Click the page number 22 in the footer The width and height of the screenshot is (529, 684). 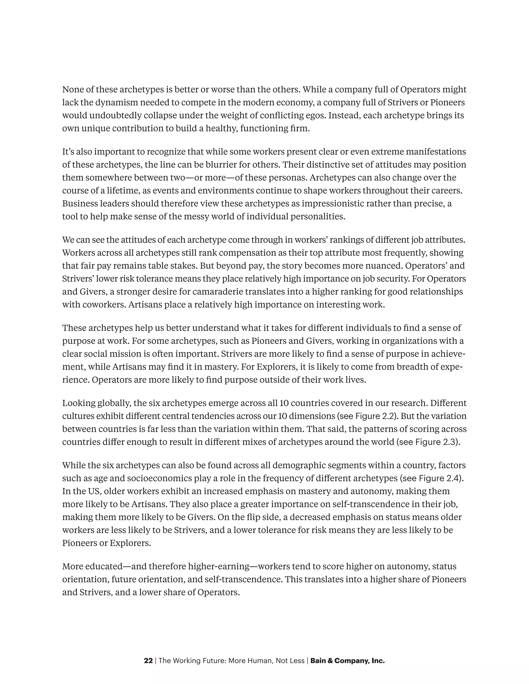[x=148, y=661]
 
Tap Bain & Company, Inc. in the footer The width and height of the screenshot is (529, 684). [x=347, y=661]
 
